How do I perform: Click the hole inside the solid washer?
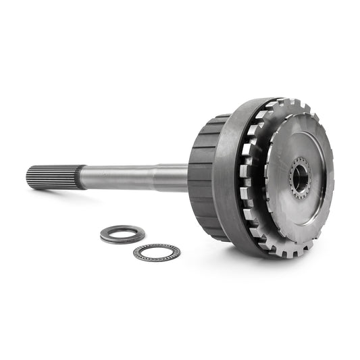[122, 234]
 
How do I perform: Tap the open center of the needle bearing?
[157, 253]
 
